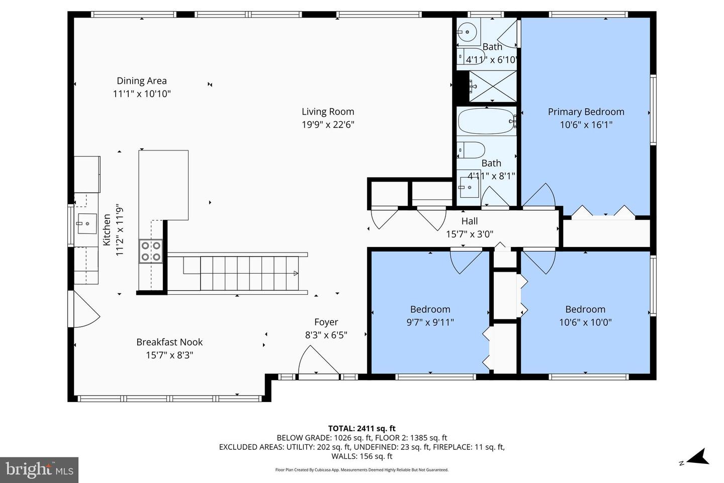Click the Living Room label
coord(328,112)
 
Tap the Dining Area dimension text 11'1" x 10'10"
coord(142,94)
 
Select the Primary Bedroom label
coord(586,112)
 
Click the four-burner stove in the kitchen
coord(151,251)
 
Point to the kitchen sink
coord(86,223)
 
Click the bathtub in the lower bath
coord(487,121)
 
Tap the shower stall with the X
coord(493,87)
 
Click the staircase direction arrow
coord(296,273)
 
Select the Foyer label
coord(326,322)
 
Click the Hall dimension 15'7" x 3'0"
coord(470,234)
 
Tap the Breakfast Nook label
coord(169,342)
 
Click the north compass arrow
coord(698,457)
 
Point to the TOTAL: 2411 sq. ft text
coord(361,428)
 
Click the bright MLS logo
coord(39,470)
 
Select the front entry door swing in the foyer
coord(318,360)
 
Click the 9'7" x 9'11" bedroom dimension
coord(430,322)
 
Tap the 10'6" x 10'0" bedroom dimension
coord(585,322)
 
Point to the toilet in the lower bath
coord(471,150)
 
